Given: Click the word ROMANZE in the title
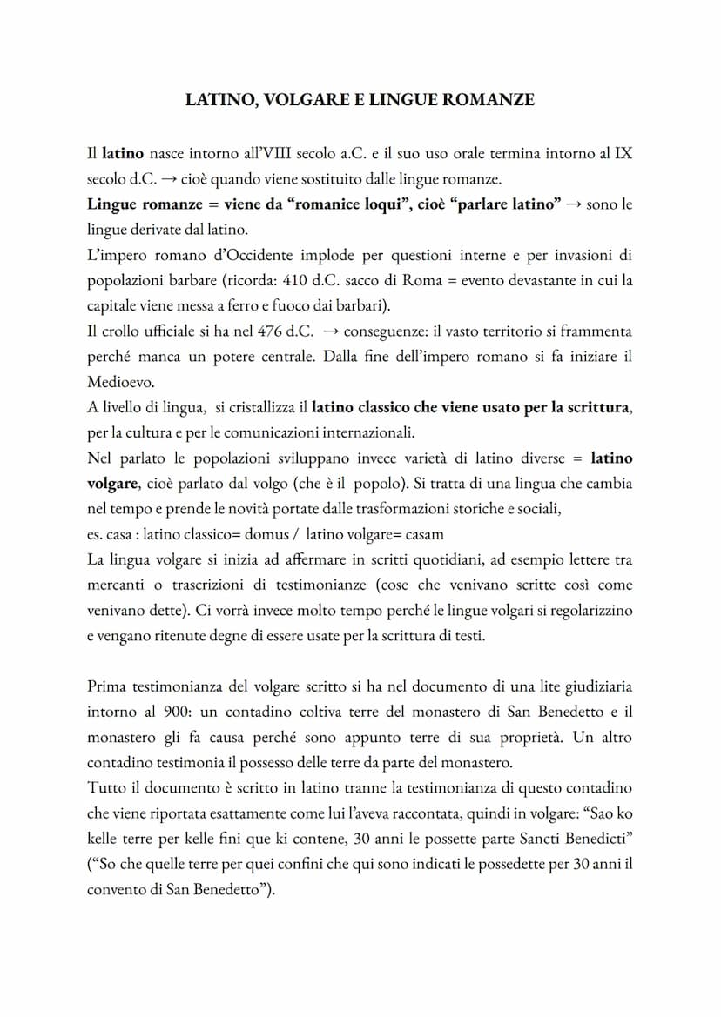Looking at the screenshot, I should pos(490,100).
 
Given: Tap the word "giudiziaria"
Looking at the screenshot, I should pos(595,686).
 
